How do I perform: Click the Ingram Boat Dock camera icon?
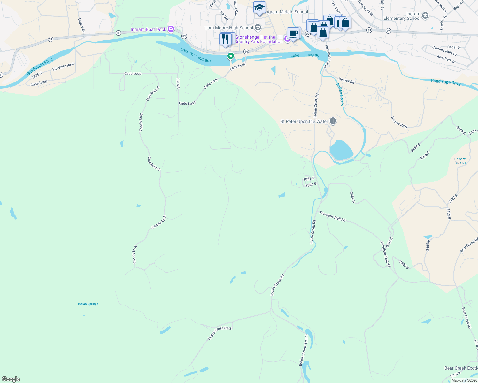pos(171,29)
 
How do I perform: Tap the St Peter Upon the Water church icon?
pos(333,121)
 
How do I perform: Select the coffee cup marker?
pos(293,34)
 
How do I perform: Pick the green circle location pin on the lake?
pos(230,56)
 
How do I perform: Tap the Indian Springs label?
pos(88,304)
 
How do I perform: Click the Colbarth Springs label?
pos(460,161)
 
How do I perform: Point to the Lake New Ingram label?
pos(196,55)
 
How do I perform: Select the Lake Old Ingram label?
pos(305,55)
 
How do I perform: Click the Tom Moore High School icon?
pos(258,28)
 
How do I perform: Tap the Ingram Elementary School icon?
pos(425,15)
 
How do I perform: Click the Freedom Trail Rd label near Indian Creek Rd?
pos(332,216)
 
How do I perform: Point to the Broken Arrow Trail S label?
pos(304,350)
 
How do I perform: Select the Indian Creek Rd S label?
pos(220,333)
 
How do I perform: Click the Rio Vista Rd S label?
pos(63,67)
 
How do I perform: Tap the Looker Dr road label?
pos(81,25)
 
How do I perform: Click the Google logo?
pos(11,379)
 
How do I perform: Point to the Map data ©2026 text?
pos(464,380)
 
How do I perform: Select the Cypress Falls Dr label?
pos(444,50)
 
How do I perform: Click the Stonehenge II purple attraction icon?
pos(288,39)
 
